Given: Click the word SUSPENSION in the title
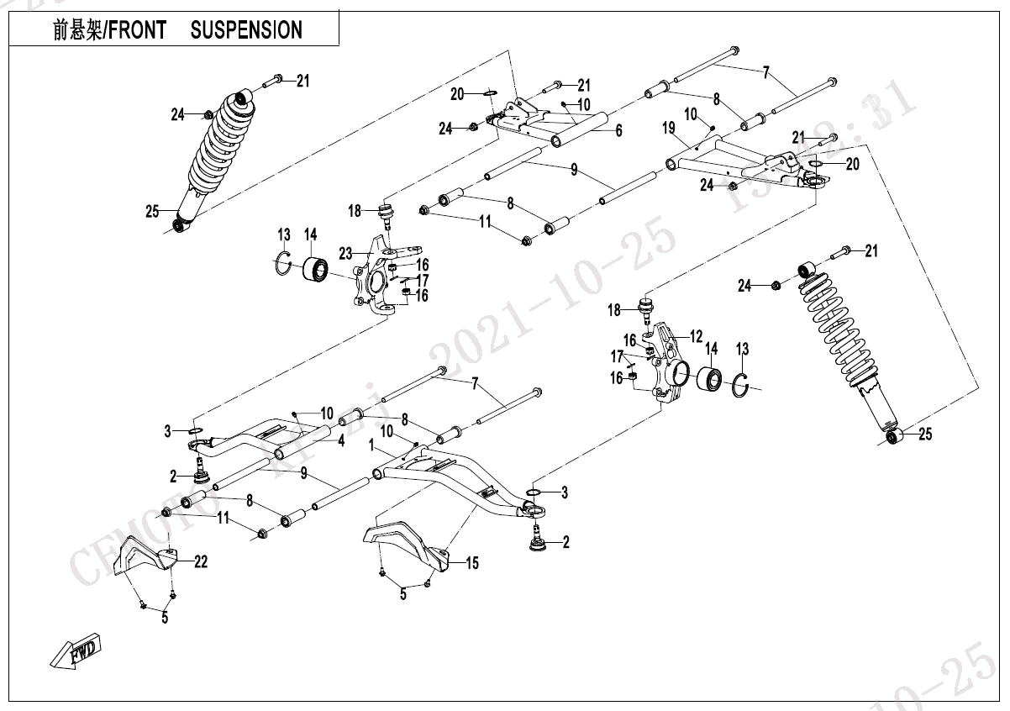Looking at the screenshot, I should (x=246, y=31).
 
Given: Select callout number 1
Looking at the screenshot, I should (x=371, y=450).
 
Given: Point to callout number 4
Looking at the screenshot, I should (x=341, y=440).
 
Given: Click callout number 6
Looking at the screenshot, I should (x=618, y=131).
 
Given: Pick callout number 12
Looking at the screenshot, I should (x=697, y=336).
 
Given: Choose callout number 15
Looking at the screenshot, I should (x=472, y=563).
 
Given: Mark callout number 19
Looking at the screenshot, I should (x=669, y=129).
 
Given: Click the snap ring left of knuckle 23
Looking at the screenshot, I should (x=284, y=263).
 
